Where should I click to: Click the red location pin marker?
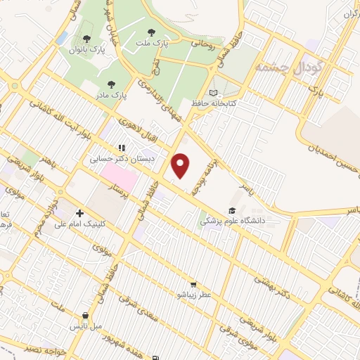(x=181, y=165)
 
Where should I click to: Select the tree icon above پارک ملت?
(x=152, y=32)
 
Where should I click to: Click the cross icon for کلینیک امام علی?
(x=79, y=213)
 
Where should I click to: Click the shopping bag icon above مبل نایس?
(x=86, y=316)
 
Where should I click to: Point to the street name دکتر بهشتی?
(x=274, y=290)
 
